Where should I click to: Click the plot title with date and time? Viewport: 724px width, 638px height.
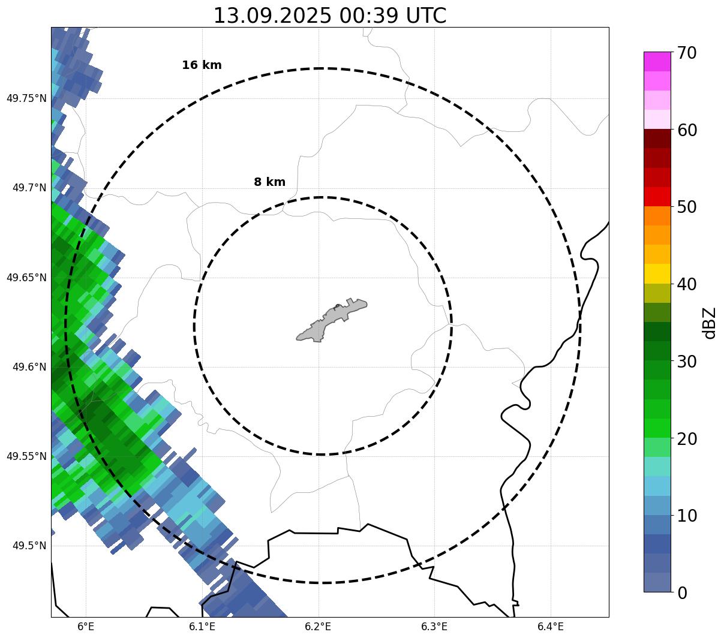pos(330,16)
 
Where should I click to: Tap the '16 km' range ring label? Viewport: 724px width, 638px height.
pos(202,65)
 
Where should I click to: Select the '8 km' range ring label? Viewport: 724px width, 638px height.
pos(269,182)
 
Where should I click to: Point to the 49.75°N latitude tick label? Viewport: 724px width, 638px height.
pos(26,98)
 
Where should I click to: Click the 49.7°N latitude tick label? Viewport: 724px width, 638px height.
pos(29,188)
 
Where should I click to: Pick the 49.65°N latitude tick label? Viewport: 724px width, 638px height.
pos(26,278)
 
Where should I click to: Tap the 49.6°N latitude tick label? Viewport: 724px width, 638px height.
pos(29,367)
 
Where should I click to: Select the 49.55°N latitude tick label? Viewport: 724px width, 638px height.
pos(26,456)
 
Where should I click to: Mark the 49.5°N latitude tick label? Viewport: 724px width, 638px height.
pos(29,546)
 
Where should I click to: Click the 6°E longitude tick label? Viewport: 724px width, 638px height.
pos(86,627)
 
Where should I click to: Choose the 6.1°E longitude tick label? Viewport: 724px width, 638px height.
pos(202,627)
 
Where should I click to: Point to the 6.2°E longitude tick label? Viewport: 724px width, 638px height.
pos(318,627)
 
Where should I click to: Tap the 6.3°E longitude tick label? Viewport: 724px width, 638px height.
pos(434,627)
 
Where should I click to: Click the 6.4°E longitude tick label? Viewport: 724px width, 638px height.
pos(551,627)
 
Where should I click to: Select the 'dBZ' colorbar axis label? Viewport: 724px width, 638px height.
pos(710,323)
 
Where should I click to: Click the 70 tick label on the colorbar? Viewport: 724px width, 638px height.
pos(687,53)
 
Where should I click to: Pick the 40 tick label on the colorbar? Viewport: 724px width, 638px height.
pos(687,284)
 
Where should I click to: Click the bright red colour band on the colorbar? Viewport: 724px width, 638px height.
pos(657,197)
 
